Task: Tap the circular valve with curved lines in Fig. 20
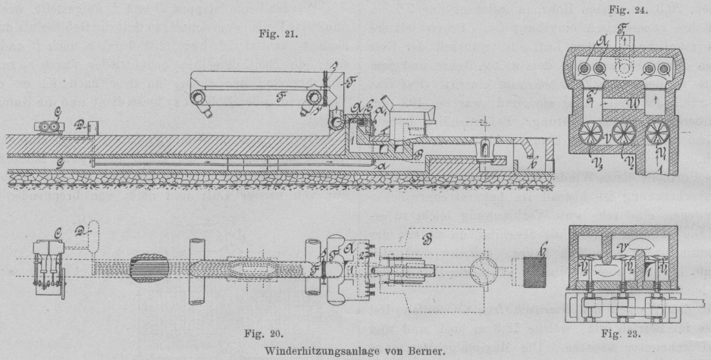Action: point(479,271)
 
